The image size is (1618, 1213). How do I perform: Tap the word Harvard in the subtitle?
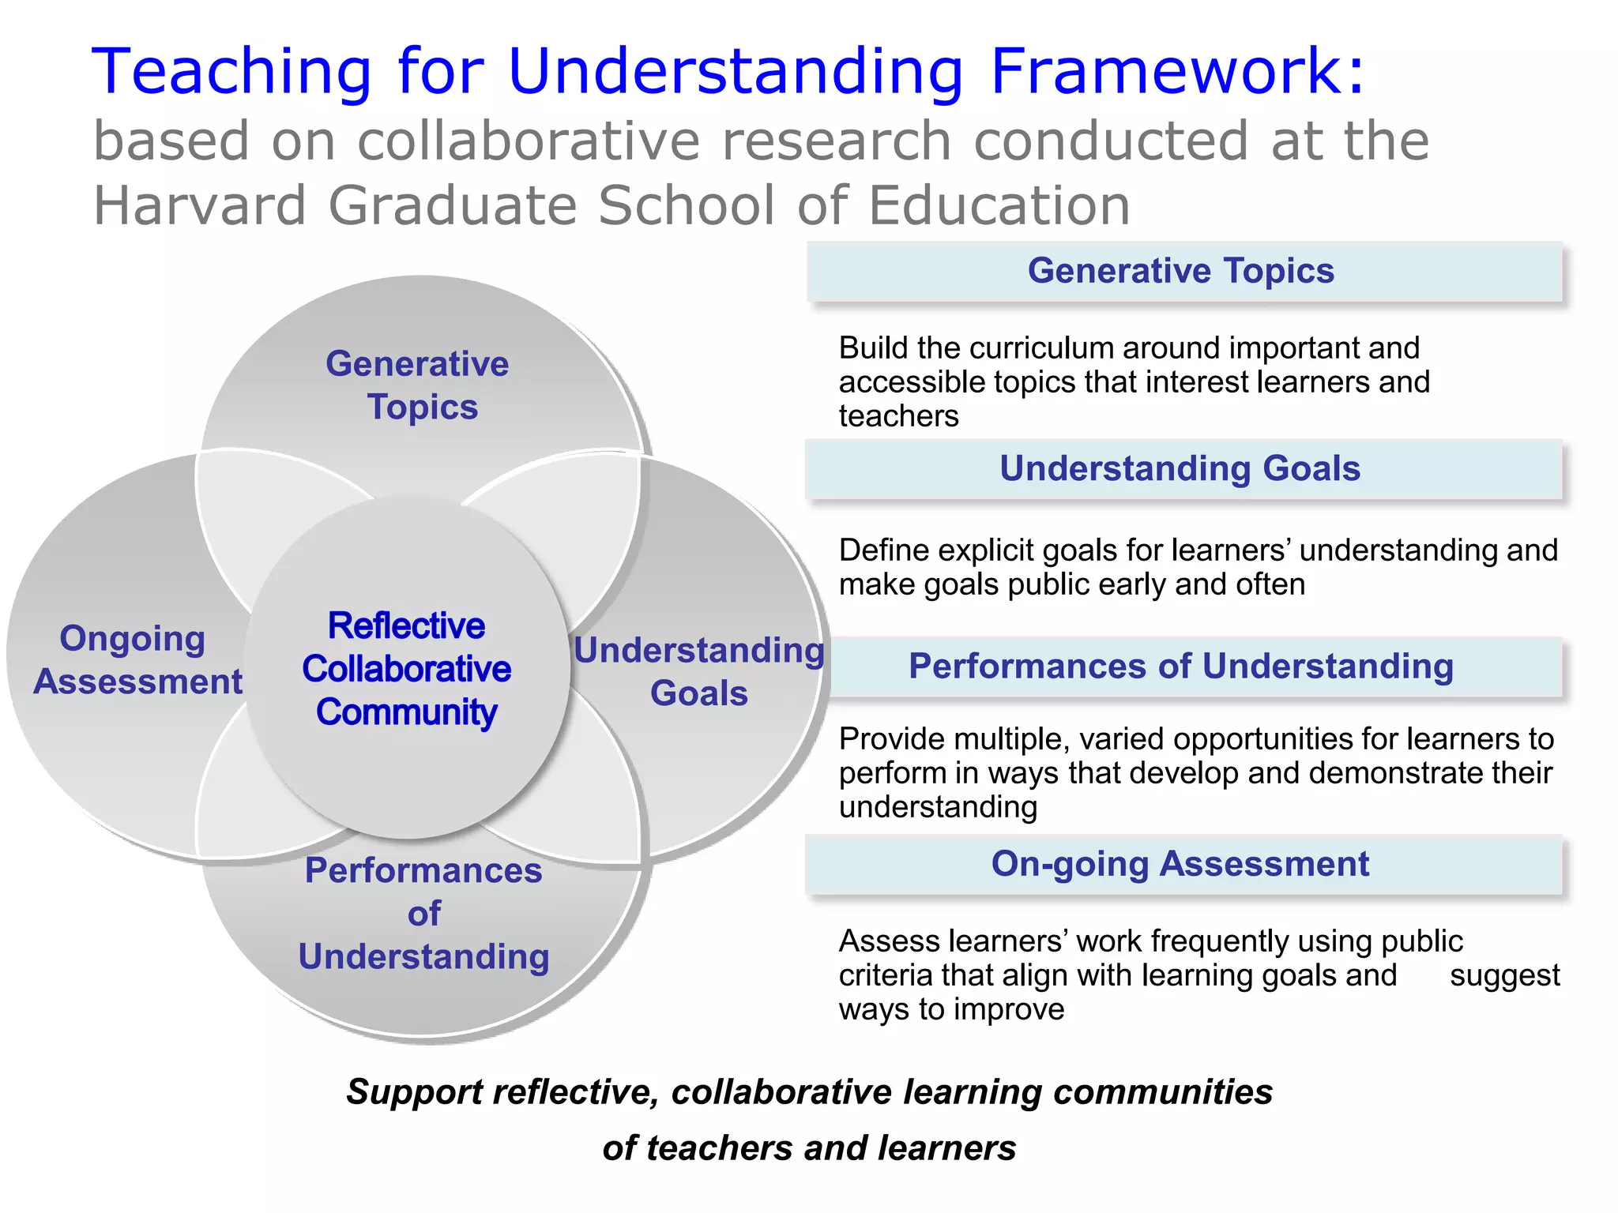point(199,205)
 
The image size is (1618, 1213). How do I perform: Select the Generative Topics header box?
point(1183,271)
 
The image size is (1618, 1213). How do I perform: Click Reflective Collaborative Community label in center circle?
point(407,669)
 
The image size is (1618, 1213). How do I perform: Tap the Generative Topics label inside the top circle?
point(419,385)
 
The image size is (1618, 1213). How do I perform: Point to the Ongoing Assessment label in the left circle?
point(137,660)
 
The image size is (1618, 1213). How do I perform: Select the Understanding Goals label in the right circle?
point(699,671)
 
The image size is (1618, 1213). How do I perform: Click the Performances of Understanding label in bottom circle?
point(424,914)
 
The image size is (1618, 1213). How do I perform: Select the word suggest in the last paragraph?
point(1504,975)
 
